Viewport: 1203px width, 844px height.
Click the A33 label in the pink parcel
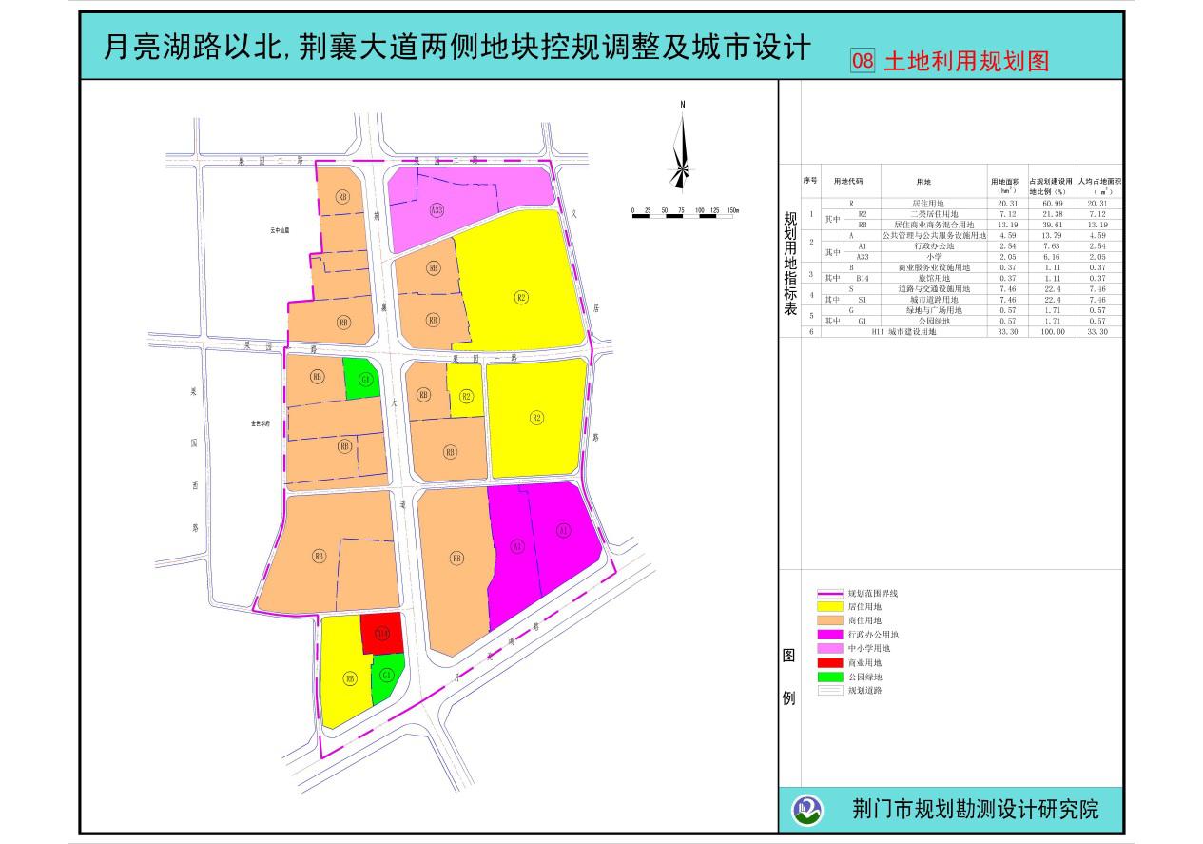(x=437, y=209)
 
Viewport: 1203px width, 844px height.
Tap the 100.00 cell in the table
(x=1051, y=333)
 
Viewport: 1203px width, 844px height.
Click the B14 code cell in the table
(x=863, y=278)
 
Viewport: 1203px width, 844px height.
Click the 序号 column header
(x=810, y=180)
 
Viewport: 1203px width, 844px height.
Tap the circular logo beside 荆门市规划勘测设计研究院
(x=808, y=810)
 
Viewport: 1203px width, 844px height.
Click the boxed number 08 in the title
(x=863, y=62)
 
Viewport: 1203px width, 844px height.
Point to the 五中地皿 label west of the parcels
(x=279, y=230)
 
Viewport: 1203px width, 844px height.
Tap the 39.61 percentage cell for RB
(x=1051, y=225)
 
